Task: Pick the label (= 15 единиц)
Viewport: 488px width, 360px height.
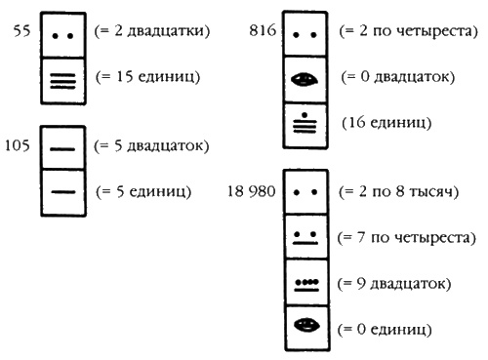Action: tap(146, 76)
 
